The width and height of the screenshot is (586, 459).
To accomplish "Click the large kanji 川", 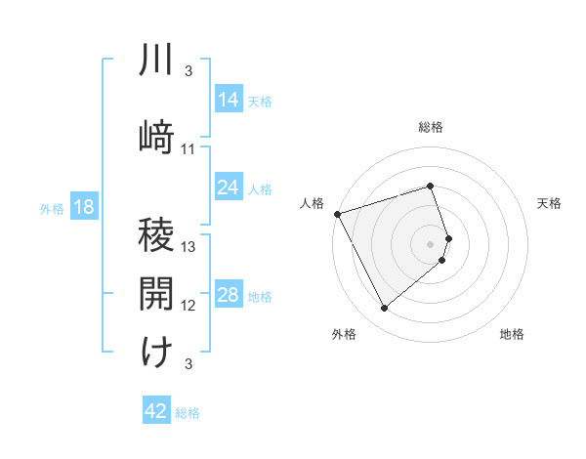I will click(156, 61).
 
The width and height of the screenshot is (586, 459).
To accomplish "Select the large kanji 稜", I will click(156, 238).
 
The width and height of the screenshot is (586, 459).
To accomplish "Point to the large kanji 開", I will click(156, 294).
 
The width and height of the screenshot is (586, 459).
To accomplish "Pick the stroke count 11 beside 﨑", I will click(188, 149).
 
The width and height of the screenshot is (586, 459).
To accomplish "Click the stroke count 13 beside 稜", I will click(188, 247).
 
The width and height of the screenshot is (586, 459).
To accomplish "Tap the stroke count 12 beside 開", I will click(188, 306).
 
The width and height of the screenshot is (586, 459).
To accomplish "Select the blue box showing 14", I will click(229, 100).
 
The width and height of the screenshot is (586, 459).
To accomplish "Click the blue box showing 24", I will click(229, 188).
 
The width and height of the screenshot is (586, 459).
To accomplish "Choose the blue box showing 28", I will click(229, 295).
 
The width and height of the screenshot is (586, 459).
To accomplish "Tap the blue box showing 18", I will click(83, 207).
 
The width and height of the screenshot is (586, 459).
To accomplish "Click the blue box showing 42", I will click(156, 411).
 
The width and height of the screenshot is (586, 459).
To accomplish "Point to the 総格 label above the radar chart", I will click(431, 127).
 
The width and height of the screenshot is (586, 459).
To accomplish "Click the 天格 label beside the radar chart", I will click(549, 203).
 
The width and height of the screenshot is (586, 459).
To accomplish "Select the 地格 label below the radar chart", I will click(512, 334).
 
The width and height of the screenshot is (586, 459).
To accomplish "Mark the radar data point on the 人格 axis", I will click(337, 214).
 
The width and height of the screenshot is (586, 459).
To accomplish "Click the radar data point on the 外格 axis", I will click(384, 309).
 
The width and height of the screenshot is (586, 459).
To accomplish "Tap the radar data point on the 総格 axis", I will click(431, 186).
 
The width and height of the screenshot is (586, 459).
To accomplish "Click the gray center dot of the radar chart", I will click(431, 243).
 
